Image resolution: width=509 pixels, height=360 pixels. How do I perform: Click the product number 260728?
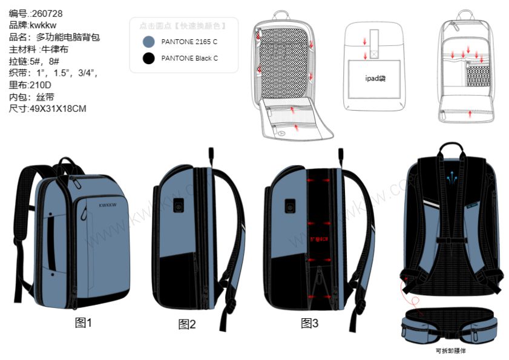tap(47, 13)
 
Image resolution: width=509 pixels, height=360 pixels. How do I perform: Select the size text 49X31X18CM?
tap(56, 109)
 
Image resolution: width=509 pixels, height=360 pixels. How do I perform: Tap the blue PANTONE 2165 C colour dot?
tap(147, 42)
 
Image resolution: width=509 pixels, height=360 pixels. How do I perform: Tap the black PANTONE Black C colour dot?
tap(147, 59)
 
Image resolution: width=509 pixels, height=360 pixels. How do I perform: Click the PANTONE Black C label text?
tap(189, 59)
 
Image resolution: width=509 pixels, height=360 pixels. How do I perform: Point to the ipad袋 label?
tap(376, 79)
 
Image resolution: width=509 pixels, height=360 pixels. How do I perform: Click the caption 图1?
tap(84, 322)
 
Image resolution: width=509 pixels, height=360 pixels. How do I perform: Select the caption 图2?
tap(187, 324)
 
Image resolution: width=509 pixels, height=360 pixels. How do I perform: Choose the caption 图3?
tap(309, 323)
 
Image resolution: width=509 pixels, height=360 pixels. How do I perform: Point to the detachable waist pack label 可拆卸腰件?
tap(451, 350)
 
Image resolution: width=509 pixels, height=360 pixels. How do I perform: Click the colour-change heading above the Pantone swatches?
tap(182, 26)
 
